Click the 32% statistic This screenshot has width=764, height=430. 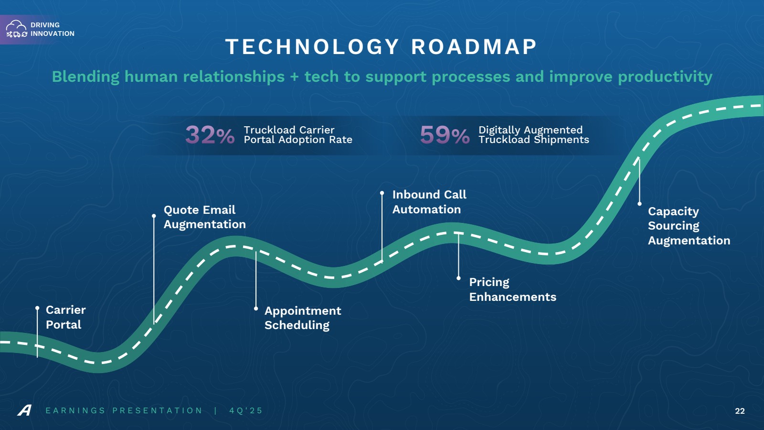click(x=210, y=134)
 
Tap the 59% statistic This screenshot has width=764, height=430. click(x=445, y=134)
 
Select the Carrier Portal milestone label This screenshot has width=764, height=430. click(x=65, y=317)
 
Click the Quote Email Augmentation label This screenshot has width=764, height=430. click(x=205, y=217)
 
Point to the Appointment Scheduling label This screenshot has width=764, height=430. click(x=303, y=318)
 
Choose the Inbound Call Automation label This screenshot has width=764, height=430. click(x=429, y=202)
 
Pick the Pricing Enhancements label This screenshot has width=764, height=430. click(x=513, y=289)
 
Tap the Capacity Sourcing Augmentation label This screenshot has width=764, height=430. click(x=689, y=226)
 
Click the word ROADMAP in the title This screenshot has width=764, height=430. click(x=474, y=47)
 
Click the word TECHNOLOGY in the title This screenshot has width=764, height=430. click(x=312, y=47)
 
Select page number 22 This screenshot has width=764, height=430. click(x=740, y=411)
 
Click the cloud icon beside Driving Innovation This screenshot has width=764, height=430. click(x=16, y=29)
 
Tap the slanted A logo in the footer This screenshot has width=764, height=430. click(x=24, y=410)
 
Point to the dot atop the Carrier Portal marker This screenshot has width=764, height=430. click(x=37, y=308)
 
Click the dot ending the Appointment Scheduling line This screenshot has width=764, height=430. click(x=256, y=309)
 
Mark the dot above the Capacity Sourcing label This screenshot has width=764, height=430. click(x=639, y=204)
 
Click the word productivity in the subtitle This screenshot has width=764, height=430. click(x=665, y=77)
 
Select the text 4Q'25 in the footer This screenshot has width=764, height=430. click(x=246, y=410)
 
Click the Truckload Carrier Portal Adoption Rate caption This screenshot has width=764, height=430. click(x=298, y=134)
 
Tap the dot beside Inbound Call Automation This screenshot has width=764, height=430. click(x=382, y=193)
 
